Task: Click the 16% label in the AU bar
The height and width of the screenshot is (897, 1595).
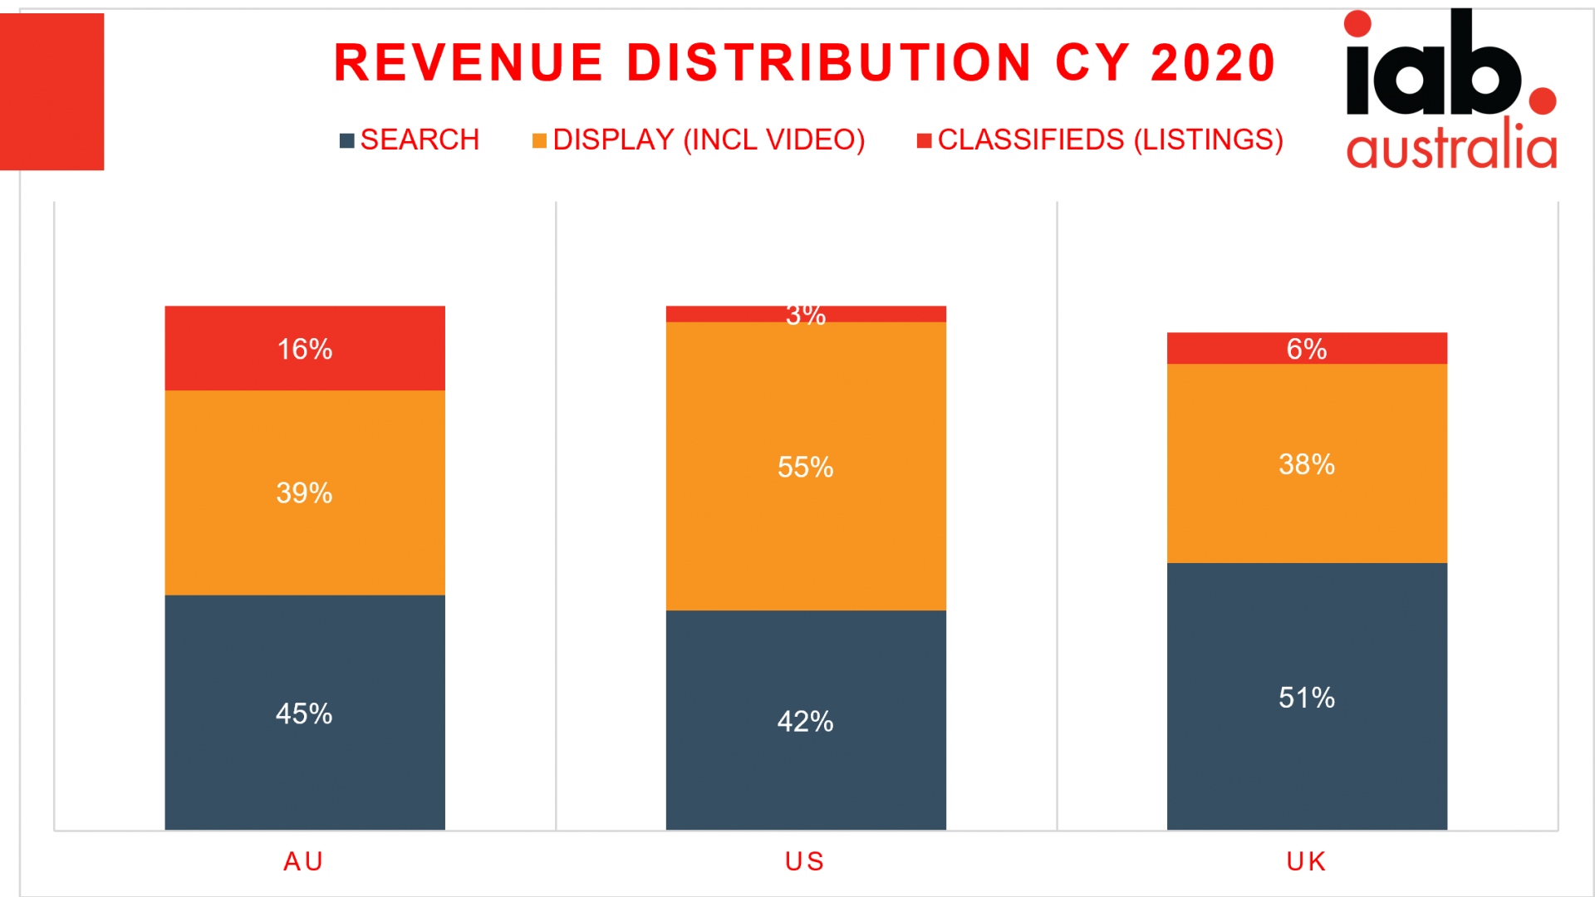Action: pos(305,349)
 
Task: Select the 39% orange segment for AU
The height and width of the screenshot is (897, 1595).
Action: pos(305,493)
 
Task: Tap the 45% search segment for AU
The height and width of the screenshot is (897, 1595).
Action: pos(305,713)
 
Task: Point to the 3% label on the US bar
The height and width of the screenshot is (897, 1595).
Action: pos(805,315)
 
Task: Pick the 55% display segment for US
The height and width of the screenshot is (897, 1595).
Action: pos(805,467)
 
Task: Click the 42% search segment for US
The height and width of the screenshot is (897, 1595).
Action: pos(805,721)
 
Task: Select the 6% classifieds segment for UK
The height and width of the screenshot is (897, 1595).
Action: pos(1307,349)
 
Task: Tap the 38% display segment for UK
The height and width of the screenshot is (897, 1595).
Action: pos(1307,464)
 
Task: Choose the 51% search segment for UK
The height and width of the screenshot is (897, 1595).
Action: pos(1307,698)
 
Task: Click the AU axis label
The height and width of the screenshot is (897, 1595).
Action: pos(303,862)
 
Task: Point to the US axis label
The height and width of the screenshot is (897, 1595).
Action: pos(804,862)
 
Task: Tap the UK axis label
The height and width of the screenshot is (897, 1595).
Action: pos(1306,862)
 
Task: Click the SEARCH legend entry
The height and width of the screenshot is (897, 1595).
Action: pos(410,140)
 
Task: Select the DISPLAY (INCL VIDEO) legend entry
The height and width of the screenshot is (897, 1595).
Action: pos(699,140)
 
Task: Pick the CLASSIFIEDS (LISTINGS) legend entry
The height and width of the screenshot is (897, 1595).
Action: pos(1100,140)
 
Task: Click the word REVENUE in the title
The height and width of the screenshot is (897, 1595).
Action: pos(468,63)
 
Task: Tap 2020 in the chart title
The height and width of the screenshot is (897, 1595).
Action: pos(1212,63)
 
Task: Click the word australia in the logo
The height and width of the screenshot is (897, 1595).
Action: pos(1450,148)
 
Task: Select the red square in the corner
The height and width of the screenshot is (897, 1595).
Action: pos(52,91)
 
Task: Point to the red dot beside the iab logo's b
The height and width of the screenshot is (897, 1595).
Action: pos(1542,101)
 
